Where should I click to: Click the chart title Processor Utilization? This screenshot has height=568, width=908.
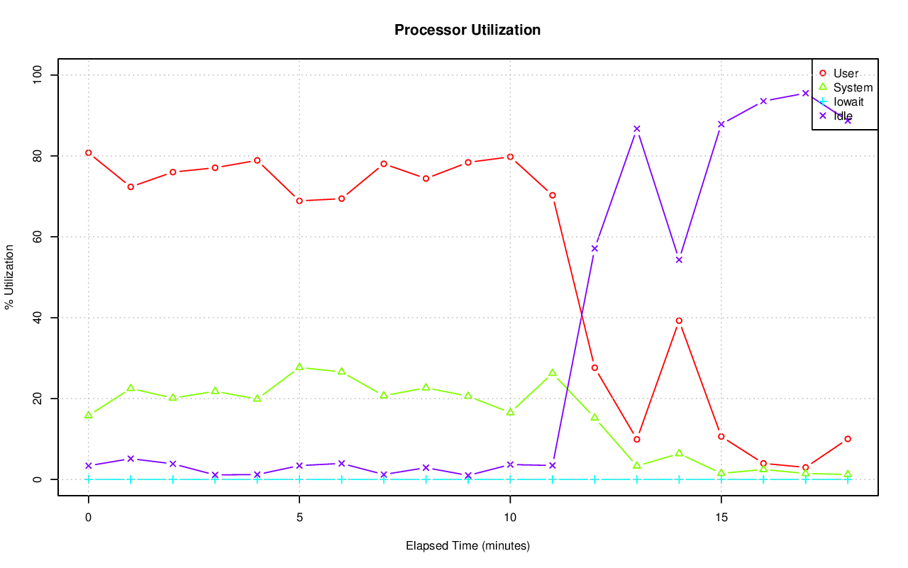[467, 30]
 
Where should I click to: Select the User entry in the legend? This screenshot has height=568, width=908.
[846, 73]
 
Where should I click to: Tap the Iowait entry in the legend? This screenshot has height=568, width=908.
[848, 101]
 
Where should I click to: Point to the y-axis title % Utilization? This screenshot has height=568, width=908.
[9, 277]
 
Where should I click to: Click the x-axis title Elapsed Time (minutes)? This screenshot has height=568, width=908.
[467, 546]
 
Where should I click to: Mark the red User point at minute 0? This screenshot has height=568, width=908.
[89, 152]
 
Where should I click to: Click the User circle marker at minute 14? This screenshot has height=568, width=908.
[679, 321]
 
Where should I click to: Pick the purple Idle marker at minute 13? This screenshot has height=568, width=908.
[637, 128]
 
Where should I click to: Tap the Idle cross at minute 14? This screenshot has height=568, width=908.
[679, 260]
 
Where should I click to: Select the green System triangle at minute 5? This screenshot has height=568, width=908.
[299, 367]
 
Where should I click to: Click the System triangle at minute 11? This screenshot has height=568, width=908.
[553, 372]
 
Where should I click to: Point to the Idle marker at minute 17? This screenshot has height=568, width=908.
[805, 93]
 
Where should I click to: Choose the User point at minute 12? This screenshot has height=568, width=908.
[594, 367]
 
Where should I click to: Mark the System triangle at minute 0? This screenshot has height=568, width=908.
[89, 415]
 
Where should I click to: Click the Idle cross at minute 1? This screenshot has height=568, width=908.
[131, 459]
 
